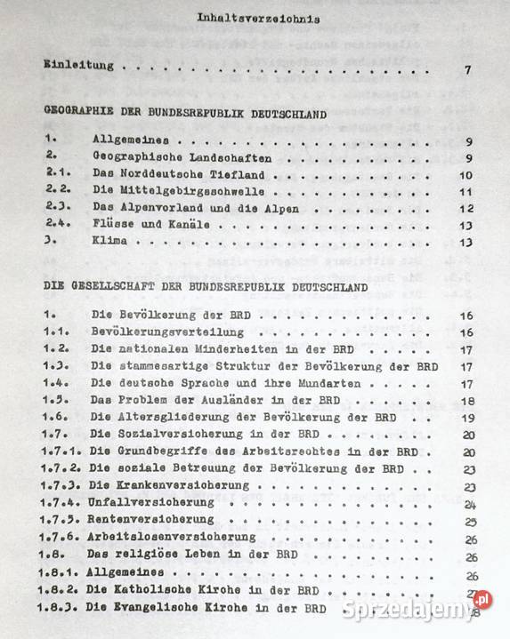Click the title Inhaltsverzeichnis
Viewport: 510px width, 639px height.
click(258, 18)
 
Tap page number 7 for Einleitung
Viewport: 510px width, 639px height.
click(467, 71)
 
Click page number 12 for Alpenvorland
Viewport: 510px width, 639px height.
click(465, 209)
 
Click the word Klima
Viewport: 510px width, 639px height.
click(109, 242)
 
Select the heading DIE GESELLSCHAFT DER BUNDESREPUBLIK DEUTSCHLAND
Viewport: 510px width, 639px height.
click(206, 288)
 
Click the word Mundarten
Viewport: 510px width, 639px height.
click(332, 383)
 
